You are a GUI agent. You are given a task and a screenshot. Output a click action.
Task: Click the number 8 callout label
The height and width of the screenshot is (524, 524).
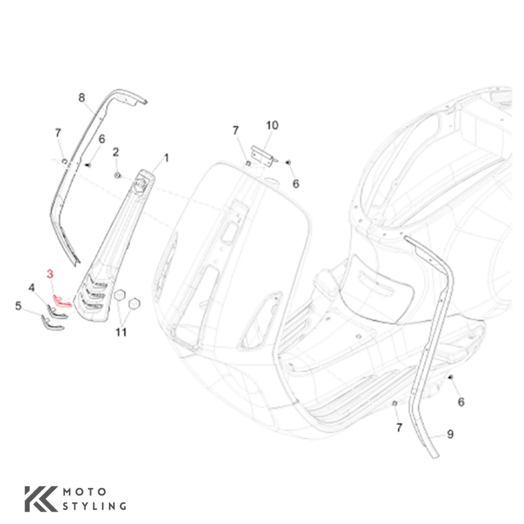(82, 98)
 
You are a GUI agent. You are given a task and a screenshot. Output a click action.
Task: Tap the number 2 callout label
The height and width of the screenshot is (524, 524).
(116, 152)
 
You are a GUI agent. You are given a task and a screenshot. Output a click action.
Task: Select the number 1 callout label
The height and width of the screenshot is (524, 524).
(166, 158)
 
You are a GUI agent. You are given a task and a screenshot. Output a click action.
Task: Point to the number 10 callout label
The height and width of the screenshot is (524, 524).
(272, 126)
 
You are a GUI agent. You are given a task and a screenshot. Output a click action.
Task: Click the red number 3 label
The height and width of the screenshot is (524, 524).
(50, 274)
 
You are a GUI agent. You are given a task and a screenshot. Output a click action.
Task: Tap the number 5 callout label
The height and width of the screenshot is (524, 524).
(18, 306)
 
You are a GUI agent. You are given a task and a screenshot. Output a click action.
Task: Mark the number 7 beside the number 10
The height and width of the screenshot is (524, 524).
(235, 131)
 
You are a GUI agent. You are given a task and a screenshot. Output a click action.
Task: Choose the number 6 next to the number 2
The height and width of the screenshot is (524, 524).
(102, 139)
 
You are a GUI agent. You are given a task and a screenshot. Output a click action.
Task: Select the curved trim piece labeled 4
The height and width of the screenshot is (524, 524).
(56, 311)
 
